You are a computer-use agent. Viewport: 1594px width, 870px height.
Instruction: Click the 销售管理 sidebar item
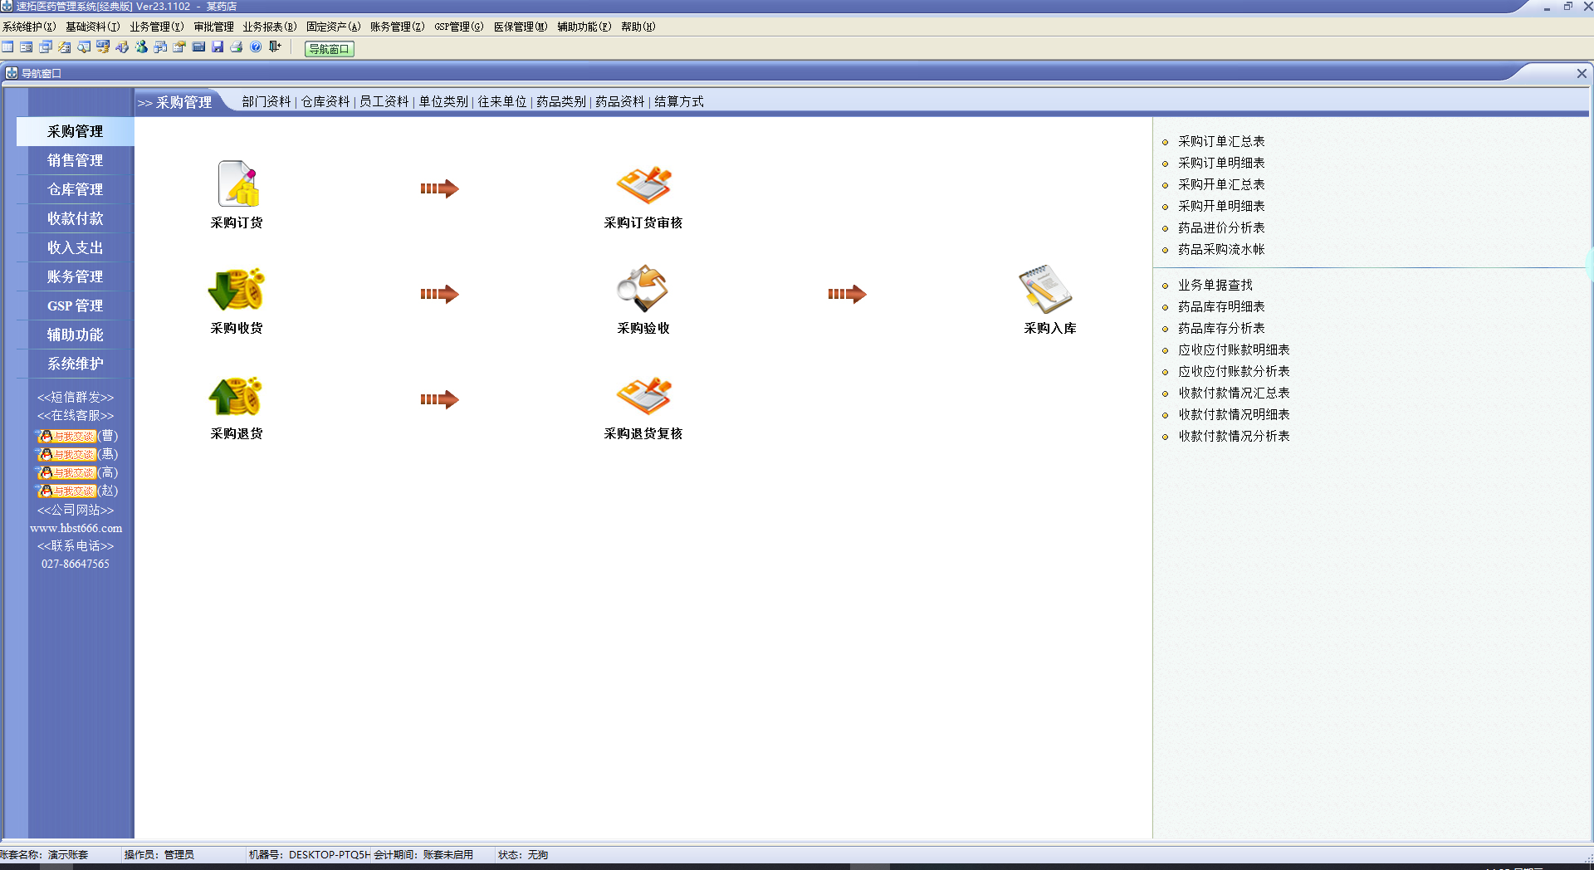75,160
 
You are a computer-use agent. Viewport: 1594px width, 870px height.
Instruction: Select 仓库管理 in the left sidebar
75,189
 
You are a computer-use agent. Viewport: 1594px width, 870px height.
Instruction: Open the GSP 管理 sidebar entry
75,305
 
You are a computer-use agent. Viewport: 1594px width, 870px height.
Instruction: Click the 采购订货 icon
237,184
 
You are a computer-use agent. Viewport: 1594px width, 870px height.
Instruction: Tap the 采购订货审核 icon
643,184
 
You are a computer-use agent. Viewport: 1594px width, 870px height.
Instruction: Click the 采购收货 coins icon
237,290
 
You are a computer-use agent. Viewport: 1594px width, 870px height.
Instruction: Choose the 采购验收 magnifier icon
643,289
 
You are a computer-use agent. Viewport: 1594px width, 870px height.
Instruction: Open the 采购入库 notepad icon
1045,289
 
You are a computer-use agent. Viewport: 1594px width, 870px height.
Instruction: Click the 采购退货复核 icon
643,396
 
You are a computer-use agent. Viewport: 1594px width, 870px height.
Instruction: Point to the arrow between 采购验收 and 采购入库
847,294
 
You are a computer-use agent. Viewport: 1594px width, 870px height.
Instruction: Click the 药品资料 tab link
620,101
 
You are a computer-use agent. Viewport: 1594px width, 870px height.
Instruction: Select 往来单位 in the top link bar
502,101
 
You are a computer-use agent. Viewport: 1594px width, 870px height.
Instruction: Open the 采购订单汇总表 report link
1221,141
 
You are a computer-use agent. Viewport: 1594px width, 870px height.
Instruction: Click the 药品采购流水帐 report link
1221,249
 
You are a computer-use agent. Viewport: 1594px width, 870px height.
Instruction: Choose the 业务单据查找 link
1215,285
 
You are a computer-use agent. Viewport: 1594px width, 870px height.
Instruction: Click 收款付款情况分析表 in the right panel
1234,436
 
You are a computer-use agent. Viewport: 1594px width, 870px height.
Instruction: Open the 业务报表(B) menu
269,27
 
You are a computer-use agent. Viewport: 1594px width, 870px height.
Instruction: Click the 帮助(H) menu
638,27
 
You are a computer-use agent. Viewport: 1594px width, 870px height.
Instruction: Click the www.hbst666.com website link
76,528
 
